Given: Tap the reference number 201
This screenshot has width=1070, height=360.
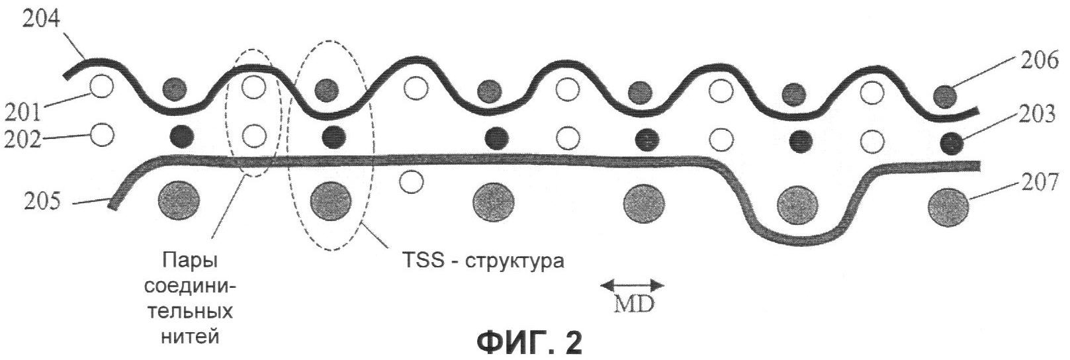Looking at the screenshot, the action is coord(22,112).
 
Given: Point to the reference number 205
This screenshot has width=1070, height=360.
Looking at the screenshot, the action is coord(42,202).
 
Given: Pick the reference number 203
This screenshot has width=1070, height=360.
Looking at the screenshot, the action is coord(1036,115).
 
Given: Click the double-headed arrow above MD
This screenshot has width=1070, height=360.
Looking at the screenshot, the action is coord(632,285).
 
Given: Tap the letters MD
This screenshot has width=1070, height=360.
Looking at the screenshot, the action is coord(633,304).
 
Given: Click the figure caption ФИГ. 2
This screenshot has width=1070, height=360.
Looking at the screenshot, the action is coord(530,343).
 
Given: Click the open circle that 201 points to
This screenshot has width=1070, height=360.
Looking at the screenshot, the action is coord(101,87).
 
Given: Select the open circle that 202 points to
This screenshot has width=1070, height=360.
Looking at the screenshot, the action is coord(102,134).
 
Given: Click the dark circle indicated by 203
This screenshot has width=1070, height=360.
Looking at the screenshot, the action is coord(951,143).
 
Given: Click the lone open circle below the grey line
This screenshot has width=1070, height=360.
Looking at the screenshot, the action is coord(410,182).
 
